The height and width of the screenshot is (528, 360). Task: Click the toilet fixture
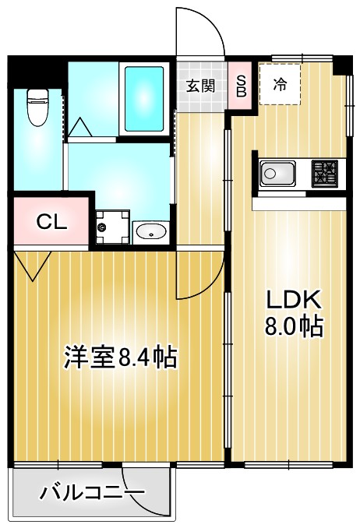37,107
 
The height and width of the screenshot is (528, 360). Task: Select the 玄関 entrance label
200,86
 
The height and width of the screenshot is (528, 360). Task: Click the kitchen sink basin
276,173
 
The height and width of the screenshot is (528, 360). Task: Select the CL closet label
52,222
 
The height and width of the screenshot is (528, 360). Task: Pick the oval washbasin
150,231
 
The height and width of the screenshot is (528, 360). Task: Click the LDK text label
294,299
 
